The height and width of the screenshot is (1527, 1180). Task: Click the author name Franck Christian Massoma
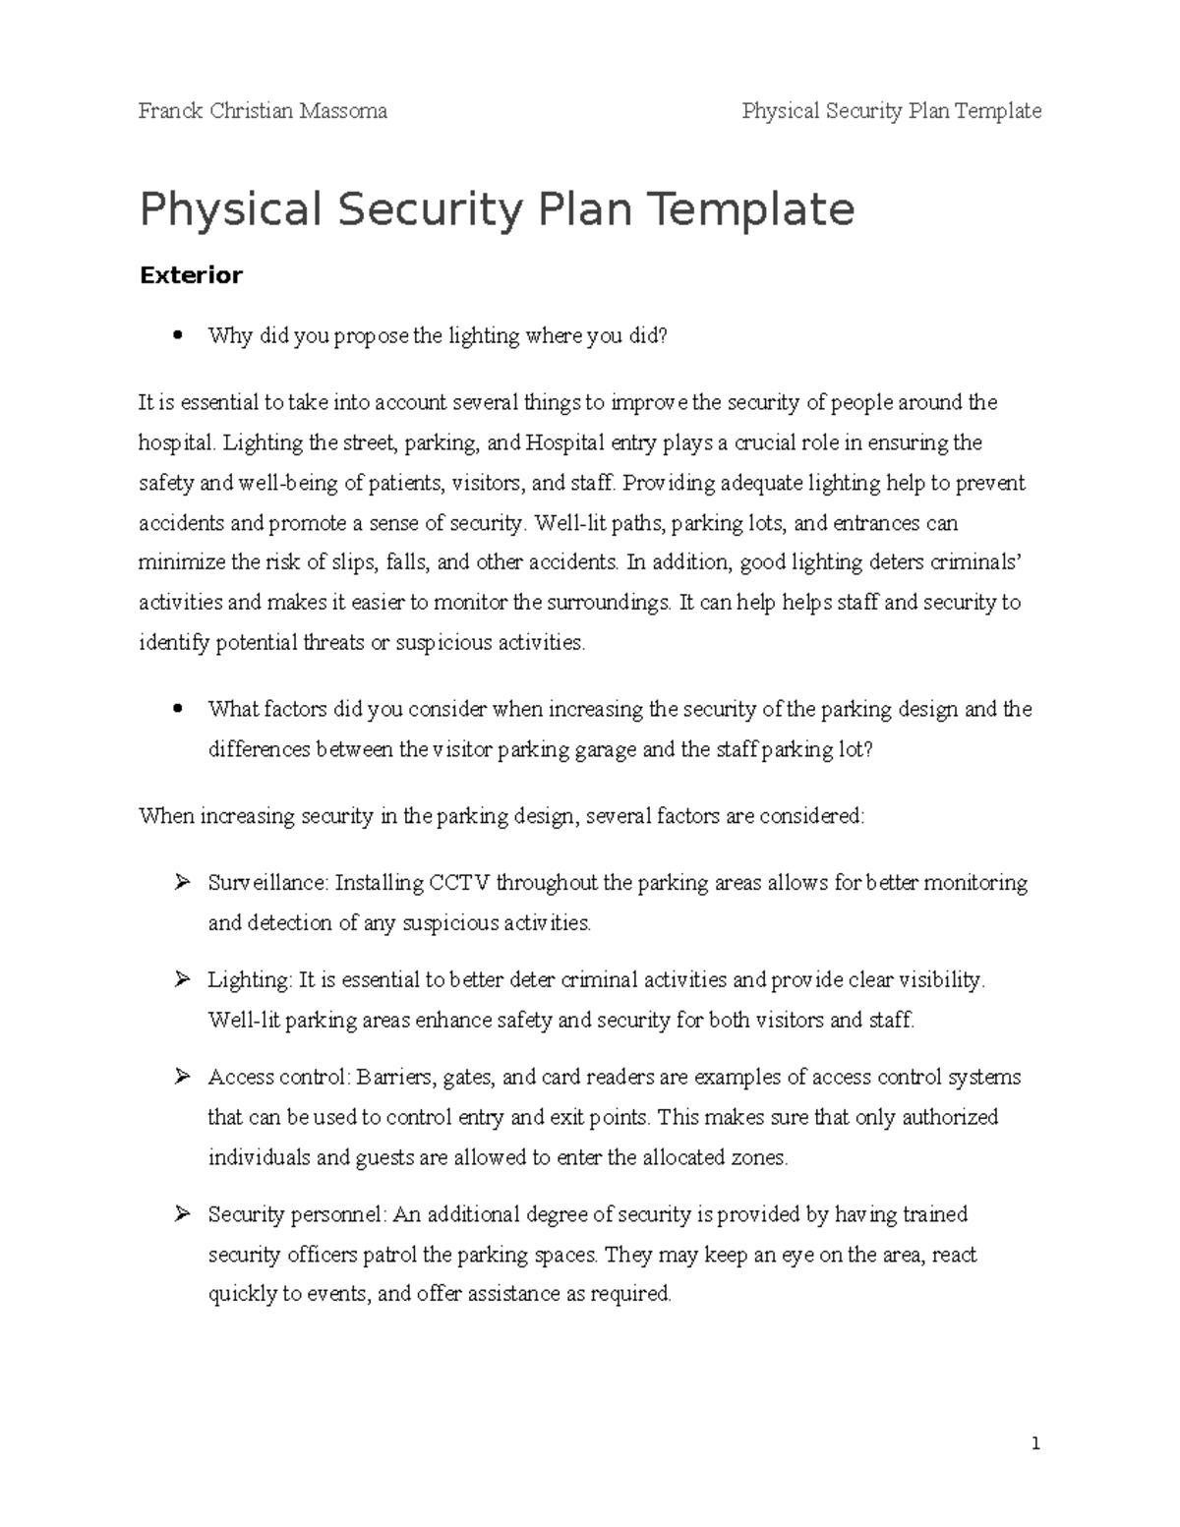pyautogui.click(x=263, y=111)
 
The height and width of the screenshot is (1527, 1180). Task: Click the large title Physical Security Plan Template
pyautogui.click(x=497, y=209)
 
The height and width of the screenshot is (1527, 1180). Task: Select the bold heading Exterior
pyautogui.click(x=191, y=275)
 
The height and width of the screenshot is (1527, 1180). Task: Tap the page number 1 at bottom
pyautogui.click(x=1035, y=1444)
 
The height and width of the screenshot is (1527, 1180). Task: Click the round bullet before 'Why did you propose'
pyautogui.click(x=177, y=335)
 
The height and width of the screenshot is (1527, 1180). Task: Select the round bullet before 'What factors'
pyautogui.click(x=177, y=709)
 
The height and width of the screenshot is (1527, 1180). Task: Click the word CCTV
pyautogui.click(x=458, y=883)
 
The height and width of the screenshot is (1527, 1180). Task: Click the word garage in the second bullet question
pyautogui.click(x=607, y=750)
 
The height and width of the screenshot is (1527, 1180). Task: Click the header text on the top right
pyautogui.click(x=891, y=111)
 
